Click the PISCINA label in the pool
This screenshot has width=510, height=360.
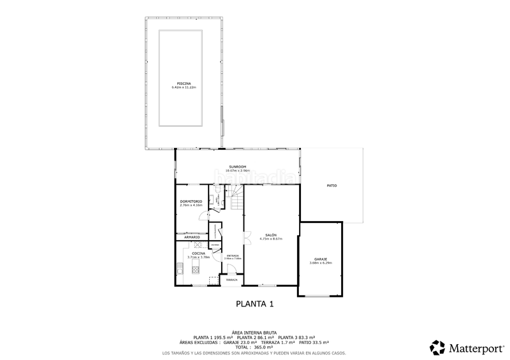point(184,83)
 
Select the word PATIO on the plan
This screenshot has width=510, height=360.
point(331,185)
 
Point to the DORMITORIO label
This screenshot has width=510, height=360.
point(191,201)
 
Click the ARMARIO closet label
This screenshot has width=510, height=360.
point(193,237)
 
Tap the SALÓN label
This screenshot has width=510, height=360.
point(271,235)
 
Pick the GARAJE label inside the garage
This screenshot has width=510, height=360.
point(321,259)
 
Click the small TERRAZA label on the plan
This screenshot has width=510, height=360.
point(231,280)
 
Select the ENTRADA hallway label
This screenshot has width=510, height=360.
point(233,255)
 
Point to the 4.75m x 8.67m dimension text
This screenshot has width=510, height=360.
point(271,239)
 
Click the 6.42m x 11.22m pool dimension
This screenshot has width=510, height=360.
point(184,87)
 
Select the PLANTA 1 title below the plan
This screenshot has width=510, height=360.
point(255,304)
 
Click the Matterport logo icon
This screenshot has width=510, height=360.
point(438,348)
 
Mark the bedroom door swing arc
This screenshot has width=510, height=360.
point(203,215)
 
